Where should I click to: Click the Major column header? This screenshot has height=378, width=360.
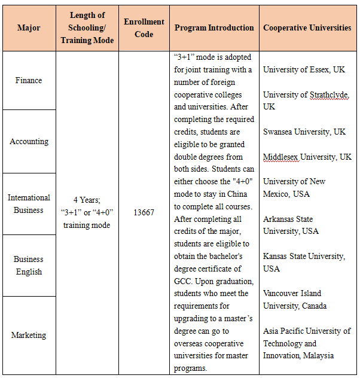29,28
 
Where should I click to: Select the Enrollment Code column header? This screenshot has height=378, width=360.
144,28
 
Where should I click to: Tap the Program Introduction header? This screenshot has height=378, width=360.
214,28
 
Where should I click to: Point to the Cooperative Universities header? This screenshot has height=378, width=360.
307,28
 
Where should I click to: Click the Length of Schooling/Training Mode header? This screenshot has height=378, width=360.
87,28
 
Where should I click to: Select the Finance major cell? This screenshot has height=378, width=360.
29,81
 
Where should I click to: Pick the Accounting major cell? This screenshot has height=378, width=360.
29,142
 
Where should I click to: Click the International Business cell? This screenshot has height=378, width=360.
29,204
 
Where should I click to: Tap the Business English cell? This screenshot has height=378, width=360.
29,266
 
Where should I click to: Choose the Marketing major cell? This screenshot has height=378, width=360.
29,336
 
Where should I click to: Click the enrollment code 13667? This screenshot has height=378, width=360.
144,212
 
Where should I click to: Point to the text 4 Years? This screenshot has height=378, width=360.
87,200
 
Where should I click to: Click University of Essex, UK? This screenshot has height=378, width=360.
304,70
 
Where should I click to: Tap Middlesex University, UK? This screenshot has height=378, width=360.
307,157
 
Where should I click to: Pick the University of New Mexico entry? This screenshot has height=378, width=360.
294,188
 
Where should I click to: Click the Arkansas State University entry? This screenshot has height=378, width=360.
291,225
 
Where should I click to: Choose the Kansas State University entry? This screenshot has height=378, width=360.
303,262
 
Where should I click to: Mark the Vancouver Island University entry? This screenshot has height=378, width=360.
295,299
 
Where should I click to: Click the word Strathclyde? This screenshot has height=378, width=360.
329,94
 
